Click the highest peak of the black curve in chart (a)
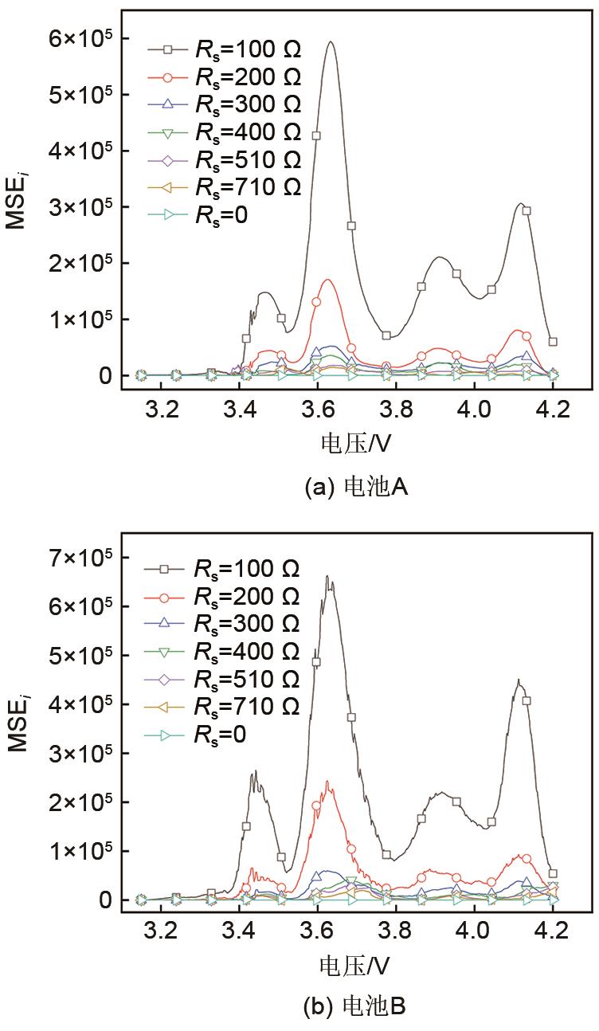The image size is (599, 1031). (330, 42)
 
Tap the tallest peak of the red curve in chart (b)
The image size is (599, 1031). (327, 782)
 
